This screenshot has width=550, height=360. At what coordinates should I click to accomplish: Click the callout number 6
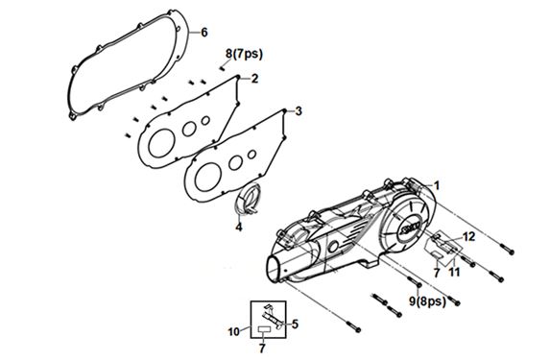click(204, 33)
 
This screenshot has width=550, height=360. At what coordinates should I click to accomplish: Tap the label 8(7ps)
click(244, 54)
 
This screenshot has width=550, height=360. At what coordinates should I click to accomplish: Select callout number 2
click(254, 79)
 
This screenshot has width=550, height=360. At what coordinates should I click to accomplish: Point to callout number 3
click(299, 111)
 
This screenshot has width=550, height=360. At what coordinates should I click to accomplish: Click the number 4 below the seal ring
click(239, 227)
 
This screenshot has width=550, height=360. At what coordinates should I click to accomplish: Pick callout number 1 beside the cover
click(437, 185)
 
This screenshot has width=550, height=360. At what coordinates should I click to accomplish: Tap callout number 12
click(468, 236)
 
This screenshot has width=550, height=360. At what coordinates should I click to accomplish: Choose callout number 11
click(455, 272)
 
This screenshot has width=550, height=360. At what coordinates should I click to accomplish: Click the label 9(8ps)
click(427, 300)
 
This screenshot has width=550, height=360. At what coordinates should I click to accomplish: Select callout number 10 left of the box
click(234, 331)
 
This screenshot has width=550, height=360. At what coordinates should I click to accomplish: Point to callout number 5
click(295, 324)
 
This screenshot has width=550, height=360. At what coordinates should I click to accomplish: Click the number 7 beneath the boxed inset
click(262, 348)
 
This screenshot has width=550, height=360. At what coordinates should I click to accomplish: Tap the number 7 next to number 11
click(437, 273)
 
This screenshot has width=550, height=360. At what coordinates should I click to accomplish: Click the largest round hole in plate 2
click(161, 143)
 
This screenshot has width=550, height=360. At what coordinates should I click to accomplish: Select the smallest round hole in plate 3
click(251, 155)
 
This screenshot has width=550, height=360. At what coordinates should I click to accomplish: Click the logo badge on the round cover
click(410, 228)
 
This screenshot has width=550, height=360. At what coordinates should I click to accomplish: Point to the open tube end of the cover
click(276, 270)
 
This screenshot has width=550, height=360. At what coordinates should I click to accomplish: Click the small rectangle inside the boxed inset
click(264, 329)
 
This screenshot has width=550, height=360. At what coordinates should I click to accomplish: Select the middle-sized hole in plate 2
click(189, 129)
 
